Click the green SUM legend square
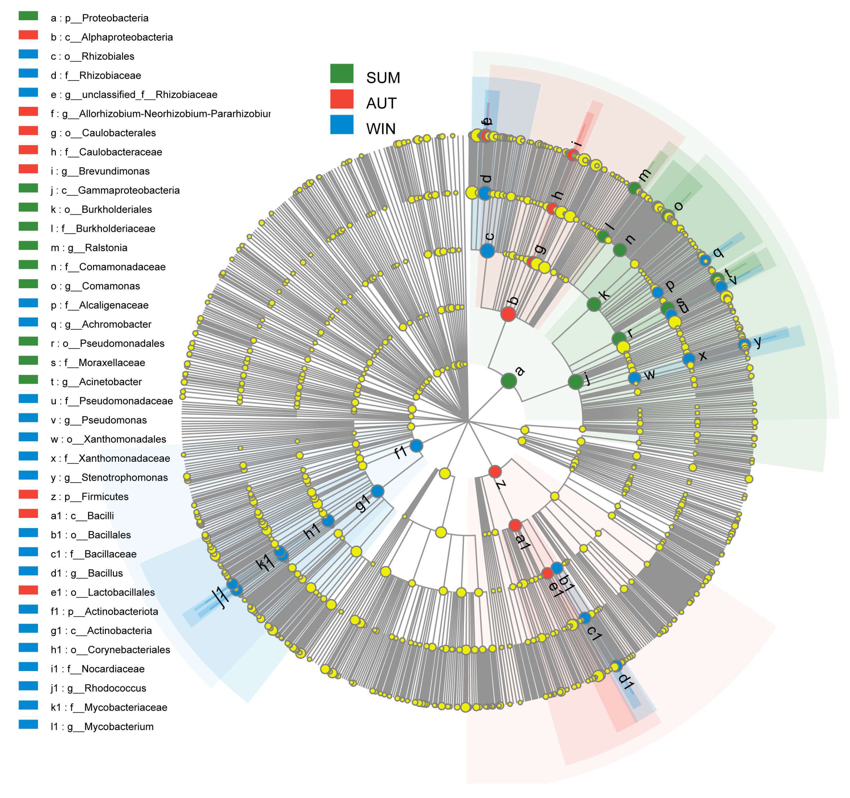pos(342,74)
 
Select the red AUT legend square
pos(342,99)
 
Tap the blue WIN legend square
pos(342,124)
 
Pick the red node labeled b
pos(508,314)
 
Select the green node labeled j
pos(576,382)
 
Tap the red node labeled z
pos(495,471)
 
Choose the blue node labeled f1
pos(416,446)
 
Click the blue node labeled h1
pos(328,521)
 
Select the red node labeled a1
pos(515,525)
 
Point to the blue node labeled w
pos(634,377)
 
